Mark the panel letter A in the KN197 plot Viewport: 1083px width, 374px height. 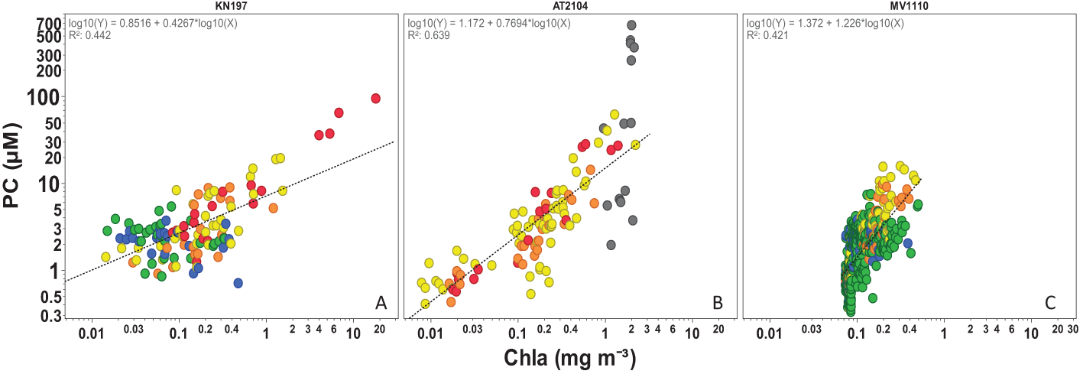(381, 304)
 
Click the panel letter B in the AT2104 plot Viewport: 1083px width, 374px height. (718, 304)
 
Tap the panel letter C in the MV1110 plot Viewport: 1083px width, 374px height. (1050, 304)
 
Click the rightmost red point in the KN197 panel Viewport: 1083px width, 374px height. (375, 99)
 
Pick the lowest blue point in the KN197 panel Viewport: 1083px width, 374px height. (238, 283)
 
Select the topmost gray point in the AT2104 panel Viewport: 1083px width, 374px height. (631, 25)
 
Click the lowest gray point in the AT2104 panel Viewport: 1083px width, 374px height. (611, 245)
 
